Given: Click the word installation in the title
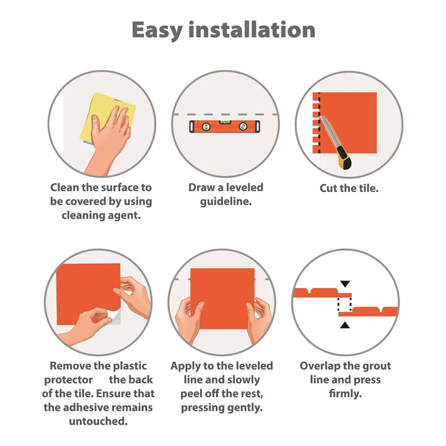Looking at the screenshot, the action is (251, 29).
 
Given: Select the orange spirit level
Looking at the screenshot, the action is (225, 126).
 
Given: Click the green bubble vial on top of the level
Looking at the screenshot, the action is (225, 122).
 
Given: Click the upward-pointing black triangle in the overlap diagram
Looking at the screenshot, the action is (345, 325).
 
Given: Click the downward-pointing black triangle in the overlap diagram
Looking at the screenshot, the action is (345, 284).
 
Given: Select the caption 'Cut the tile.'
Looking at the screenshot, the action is (349, 188).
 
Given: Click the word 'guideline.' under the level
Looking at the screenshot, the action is (226, 202).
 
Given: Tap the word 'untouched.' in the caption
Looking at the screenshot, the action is (98, 421).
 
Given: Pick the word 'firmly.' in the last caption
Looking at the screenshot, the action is (345, 394).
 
